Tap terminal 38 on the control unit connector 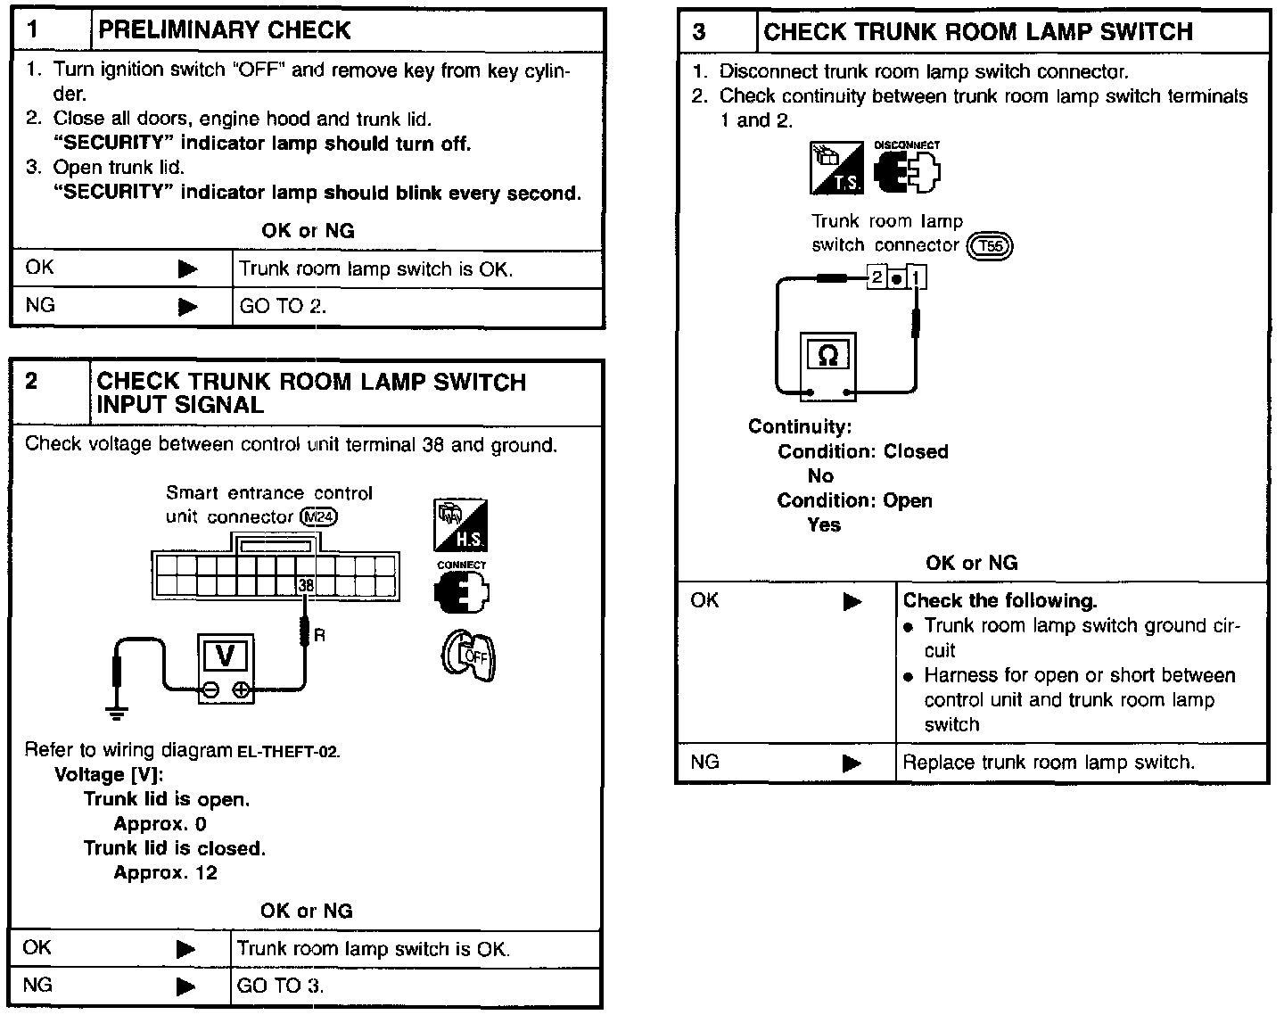pyautogui.click(x=306, y=585)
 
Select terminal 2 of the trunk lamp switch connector pyautogui.click(x=877, y=277)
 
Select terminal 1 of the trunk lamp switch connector pyautogui.click(x=917, y=277)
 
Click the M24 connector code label pyautogui.click(x=320, y=516)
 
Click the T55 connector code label pyautogui.click(x=990, y=246)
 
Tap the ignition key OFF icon pyautogui.click(x=467, y=656)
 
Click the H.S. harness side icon pyautogui.click(x=460, y=525)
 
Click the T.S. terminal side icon pyautogui.click(x=835, y=168)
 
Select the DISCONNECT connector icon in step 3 pyautogui.click(x=907, y=169)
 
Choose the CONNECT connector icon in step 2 pyautogui.click(x=461, y=589)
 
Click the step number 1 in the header pyautogui.click(x=33, y=30)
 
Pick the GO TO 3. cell pyautogui.click(x=282, y=986)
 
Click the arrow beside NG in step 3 pyautogui.click(x=852, y=763)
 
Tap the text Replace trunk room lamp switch pyautogui.click(x=1049, y=763)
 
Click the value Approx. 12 pyautogui.click(x=165, y=872)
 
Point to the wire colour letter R pyautogui.click(x=319, y=635)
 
